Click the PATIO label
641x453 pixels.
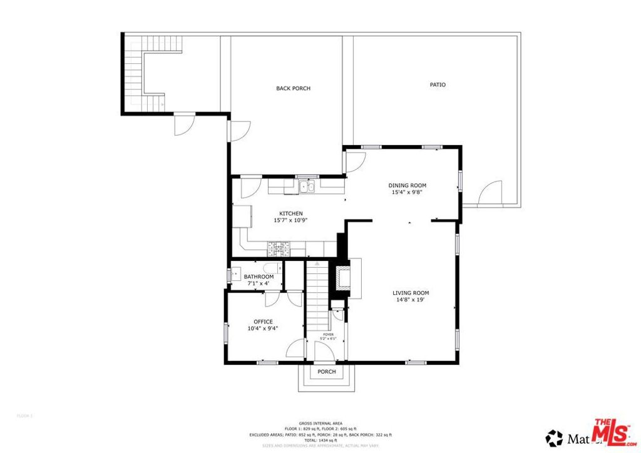438,84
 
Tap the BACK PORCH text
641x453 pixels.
293,88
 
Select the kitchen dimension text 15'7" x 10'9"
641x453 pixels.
290,220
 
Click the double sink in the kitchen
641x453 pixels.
307,186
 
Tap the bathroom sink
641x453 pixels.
235,273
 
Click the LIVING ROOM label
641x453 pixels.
411,293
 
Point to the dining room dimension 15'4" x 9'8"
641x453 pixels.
407,193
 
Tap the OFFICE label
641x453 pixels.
263,322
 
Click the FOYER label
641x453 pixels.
329,335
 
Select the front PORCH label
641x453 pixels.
326,372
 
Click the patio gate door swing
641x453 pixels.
490,194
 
